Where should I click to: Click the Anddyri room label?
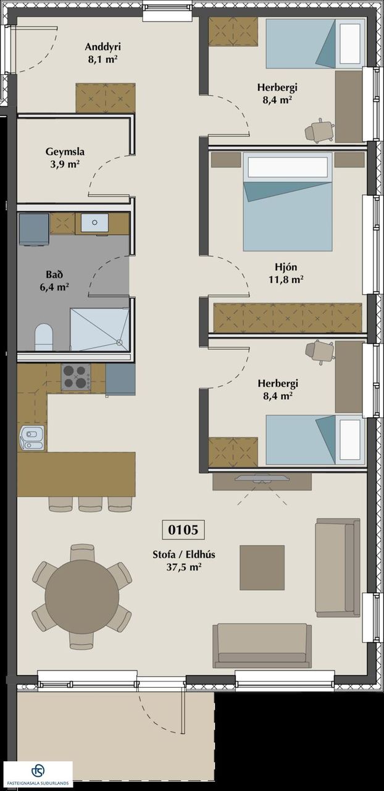point(103,47)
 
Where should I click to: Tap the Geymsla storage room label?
point(65,152)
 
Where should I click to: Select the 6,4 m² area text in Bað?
point(54,287)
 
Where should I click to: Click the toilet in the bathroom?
point(44,337)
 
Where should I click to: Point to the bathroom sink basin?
point(94,223)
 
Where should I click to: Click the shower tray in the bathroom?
point(100,329)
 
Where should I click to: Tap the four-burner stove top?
point(76,377)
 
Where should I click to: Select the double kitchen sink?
point(32,438)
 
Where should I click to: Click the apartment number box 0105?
point(183,530)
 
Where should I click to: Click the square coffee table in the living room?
point(262,567)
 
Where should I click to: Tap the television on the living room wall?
point(262,478)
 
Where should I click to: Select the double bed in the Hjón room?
point(288,201)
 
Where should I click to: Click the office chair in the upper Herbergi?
point(319,130)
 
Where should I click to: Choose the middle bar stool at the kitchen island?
point(90,504)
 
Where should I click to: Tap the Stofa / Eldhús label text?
point(184,554)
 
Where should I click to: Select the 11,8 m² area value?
point(286,280)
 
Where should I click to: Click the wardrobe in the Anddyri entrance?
point(106,98)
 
